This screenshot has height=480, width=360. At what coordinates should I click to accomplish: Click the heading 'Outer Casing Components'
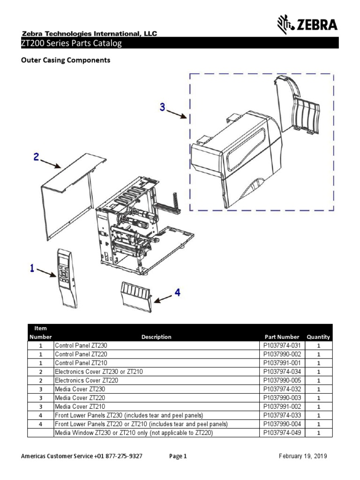click(x=67, y=60)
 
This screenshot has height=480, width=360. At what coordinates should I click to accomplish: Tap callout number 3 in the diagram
click(x=162, y=107)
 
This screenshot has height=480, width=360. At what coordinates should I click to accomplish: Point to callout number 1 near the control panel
click(x=31, y=269)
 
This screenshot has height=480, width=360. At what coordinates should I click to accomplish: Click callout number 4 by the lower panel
click(x=177, y=292)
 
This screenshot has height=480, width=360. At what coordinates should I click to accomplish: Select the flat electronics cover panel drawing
click(x=70, y=197)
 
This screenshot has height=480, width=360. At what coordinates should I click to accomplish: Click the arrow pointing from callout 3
click(x=177, y=114)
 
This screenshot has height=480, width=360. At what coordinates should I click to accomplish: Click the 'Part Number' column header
click(x=281, y=337)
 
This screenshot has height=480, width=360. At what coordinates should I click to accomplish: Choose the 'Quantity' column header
click(x=318, y=337)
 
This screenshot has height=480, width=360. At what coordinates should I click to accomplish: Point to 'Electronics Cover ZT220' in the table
click(x=86, y=381)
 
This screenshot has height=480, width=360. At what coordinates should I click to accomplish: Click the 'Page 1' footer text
click(x=178, y=456)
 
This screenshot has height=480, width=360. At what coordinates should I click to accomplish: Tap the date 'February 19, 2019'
click(x=303, y=456)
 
